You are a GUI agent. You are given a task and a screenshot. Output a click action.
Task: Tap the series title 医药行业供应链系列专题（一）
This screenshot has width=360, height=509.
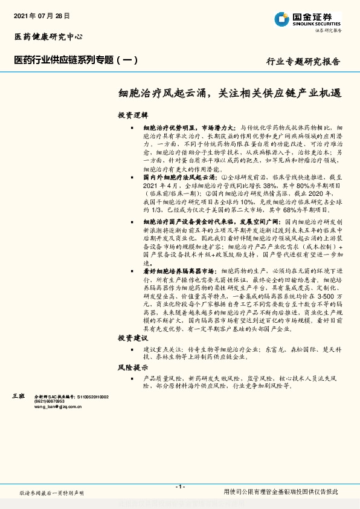(x=76, y=60)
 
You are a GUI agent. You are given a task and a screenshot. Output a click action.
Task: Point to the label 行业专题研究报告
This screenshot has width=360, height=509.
(x=303, y=62)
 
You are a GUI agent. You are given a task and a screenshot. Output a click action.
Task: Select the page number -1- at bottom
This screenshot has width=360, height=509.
(x=179, y=486)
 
